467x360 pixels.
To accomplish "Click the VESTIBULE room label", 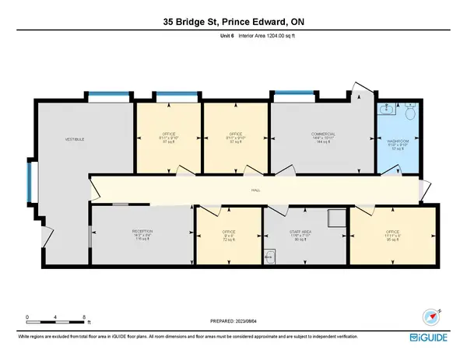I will pyautogui.click(x=74, y=138).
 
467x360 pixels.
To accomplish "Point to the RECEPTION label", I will pyautogui.click(x=141, y=232).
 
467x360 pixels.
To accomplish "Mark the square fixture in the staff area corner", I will pyautogui.click(x=335, y=218).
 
